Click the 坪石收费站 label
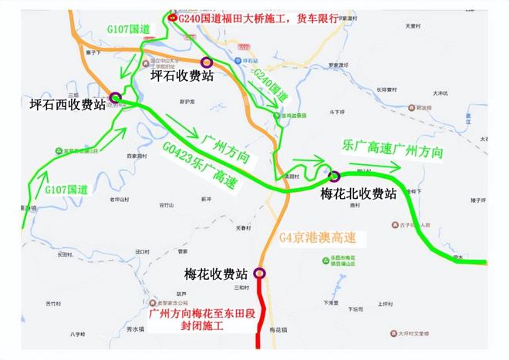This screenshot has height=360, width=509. pos(181,77)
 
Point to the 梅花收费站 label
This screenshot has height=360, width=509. pos(216,274)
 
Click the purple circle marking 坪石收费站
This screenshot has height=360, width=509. pos(206,62)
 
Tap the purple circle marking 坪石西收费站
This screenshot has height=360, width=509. pos(115,98)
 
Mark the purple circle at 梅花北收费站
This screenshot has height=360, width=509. pos(335,176)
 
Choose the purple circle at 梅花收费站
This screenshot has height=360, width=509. pos(259,272)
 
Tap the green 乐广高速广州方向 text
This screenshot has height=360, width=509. pos(393,150)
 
